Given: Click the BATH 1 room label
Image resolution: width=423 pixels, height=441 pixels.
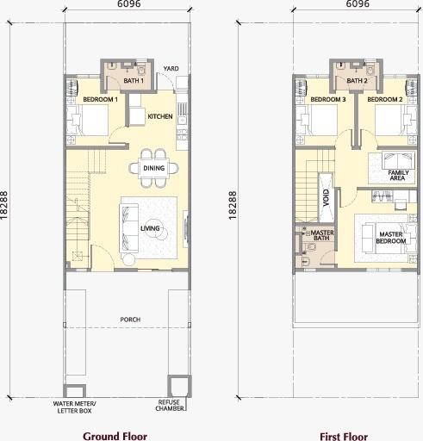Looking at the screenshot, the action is pos(134,81).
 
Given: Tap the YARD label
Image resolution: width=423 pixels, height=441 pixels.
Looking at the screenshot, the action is pos(171,69).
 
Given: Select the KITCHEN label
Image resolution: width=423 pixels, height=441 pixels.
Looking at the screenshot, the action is pos(160,116).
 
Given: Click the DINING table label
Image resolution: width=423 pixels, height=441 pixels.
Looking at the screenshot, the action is pos(154,168).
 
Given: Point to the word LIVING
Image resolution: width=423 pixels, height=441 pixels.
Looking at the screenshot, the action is pos(150,228).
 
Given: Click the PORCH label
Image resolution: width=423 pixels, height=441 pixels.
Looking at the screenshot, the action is pos(130,320).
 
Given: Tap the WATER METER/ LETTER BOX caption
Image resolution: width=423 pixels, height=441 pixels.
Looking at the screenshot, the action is pos(74,407).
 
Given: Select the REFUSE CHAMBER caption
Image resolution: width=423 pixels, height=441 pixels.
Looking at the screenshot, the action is pos(170,405).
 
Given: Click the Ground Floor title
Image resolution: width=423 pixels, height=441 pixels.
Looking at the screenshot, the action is pos(115,436).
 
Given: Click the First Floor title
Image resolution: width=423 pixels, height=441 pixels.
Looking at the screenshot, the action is pos(344,437).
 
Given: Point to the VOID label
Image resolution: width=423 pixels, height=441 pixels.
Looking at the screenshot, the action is pos(326,197).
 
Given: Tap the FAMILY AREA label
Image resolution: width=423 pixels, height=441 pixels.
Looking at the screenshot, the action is pos(398,175).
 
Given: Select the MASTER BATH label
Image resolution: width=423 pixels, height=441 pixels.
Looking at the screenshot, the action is pos(322,235).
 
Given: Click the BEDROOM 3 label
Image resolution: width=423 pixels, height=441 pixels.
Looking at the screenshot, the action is pos(328,100).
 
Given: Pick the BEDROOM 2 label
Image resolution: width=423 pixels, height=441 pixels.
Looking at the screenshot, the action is pos(385,100).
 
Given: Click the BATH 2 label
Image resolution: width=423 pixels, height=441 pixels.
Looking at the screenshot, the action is pos(357,81).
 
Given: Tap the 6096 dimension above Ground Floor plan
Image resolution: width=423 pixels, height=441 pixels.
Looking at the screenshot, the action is pos(129,3).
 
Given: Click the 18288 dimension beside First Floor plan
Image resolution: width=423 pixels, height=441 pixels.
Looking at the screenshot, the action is pos(233,206).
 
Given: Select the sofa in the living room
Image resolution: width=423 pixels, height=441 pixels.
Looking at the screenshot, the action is pos(128,227).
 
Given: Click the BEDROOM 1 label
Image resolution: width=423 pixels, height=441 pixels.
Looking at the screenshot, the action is pos(100,100).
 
